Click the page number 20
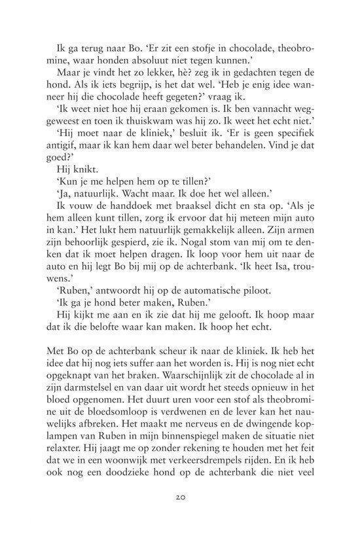coord(180,497)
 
